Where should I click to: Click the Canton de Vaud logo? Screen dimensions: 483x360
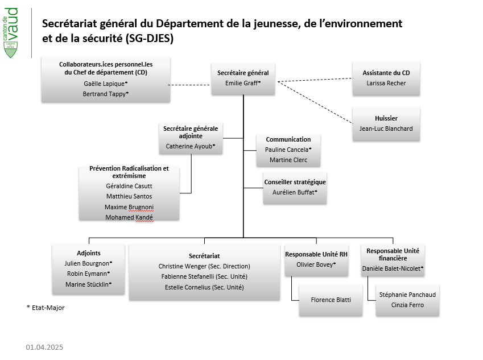[x=10, y=32]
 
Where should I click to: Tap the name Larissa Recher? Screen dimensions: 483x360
[x=386, y=83]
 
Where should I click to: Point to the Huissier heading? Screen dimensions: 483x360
[x=386, y=118]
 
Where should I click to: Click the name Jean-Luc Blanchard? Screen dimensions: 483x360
[x=386, y=129]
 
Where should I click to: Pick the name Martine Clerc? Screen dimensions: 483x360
[x=288, y=160]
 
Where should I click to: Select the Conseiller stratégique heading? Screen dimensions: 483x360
[x=295, y=182]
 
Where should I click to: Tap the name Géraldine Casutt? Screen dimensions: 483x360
[x=129, y=186]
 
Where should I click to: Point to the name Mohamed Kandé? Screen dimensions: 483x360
[x=129, y=217]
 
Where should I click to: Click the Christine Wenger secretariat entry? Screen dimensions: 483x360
[x=204, y=266]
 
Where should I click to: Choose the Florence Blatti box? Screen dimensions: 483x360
[x=331, y=300]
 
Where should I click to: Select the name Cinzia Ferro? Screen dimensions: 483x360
[x=407, y=305]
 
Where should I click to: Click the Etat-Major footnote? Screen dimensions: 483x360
[x=46, y=308]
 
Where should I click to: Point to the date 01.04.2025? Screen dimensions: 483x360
[x=44, y=347]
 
